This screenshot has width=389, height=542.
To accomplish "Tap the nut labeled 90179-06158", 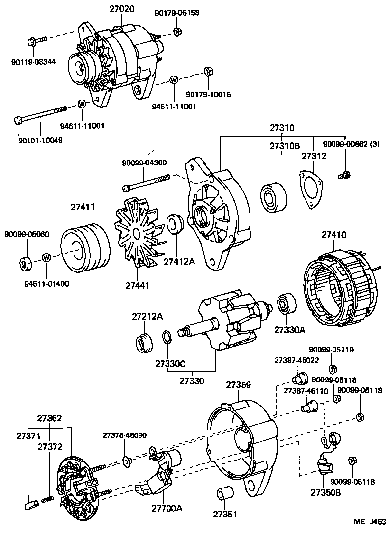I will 178,33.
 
